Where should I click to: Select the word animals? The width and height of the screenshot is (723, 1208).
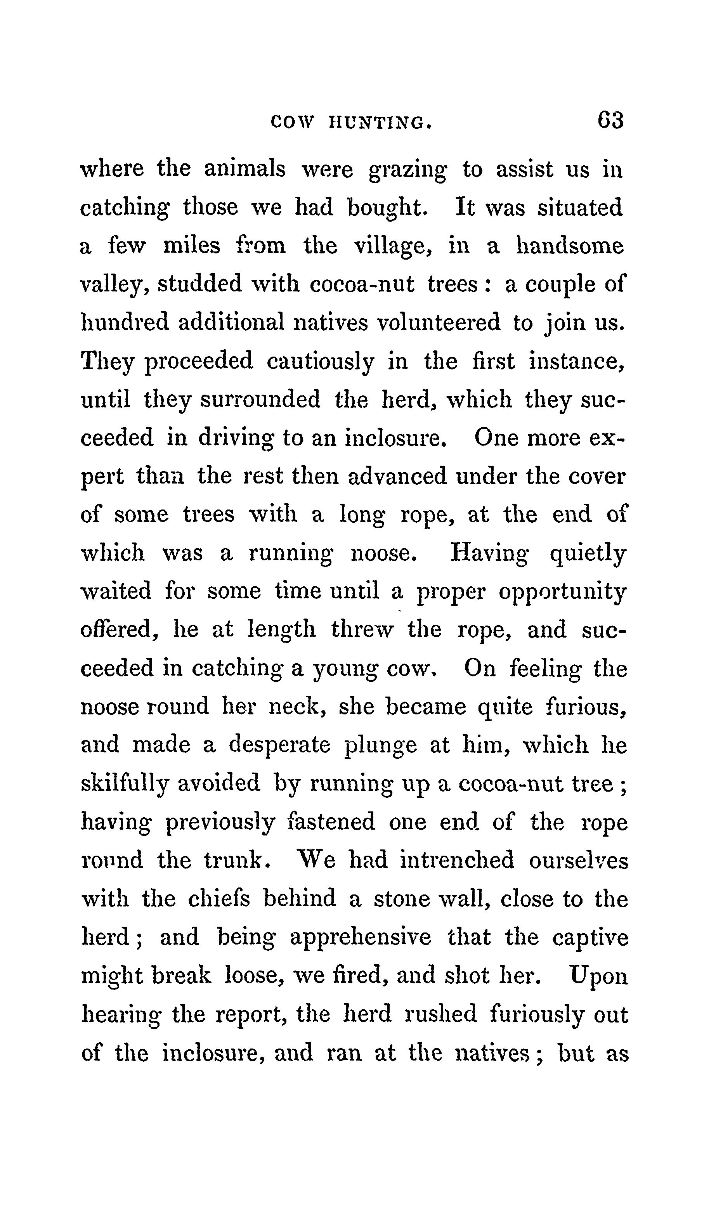[x=244, y=169]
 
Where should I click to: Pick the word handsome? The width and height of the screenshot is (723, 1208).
[x=570, y=246]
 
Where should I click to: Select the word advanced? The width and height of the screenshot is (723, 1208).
[x=397, y=475]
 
